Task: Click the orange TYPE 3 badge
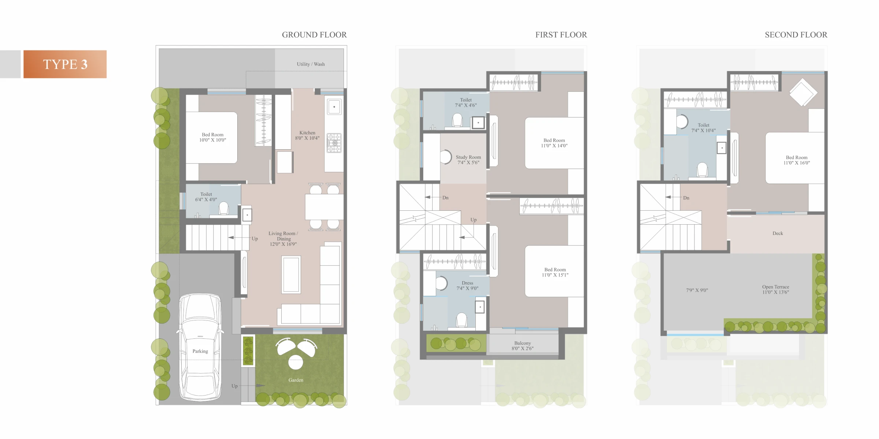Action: pos(65,64)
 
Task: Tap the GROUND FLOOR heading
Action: pos(314,35)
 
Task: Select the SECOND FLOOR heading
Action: pos(796,35)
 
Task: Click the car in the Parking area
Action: pos(200,347)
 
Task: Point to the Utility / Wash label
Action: pos(311,64)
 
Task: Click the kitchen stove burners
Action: pos(334,143)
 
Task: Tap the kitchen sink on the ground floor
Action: pos(334,107)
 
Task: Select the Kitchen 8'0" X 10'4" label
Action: pos(307,135)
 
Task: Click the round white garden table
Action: pos(296,362)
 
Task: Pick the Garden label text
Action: pos(296,380)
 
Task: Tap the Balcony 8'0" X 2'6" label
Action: pos(523,346)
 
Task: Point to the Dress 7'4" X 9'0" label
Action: pos(467,286)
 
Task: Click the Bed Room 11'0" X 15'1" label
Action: pos(555,272)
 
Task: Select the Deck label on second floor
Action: pos(778,233)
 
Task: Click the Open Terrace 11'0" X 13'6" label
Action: pos(776,289)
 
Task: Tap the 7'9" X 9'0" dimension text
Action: pos(697,290)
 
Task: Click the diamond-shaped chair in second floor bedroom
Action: pos(803,93)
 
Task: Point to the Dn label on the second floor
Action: pos(686,198)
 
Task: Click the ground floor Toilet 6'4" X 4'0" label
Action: pos(206,197)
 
